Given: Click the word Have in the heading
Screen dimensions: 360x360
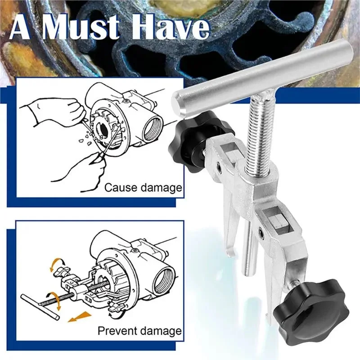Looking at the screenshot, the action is coord(171,28).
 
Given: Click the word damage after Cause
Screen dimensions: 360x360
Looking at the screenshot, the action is coord(161,188).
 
